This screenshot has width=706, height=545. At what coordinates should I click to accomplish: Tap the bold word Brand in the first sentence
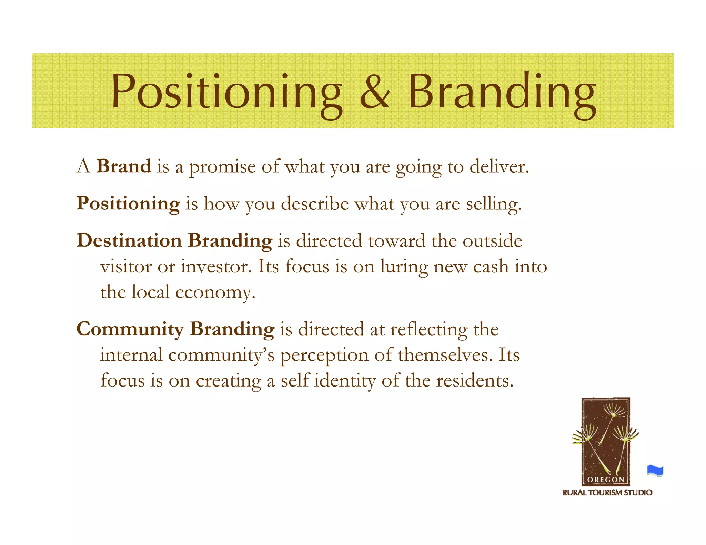[124, 166]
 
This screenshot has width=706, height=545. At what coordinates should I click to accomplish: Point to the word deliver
[499, 167]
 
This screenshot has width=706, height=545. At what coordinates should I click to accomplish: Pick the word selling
[494, 204]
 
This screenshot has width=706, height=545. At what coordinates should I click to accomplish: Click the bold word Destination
[129, 240]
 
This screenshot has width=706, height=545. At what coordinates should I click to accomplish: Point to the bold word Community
[130, 329]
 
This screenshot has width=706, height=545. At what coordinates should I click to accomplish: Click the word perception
[324, 356]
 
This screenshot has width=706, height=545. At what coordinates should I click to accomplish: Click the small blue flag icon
[655, 471]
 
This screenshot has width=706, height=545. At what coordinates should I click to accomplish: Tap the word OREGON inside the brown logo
[606, 480]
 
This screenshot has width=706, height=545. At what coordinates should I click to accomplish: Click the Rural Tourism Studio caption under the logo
[607, 493]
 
